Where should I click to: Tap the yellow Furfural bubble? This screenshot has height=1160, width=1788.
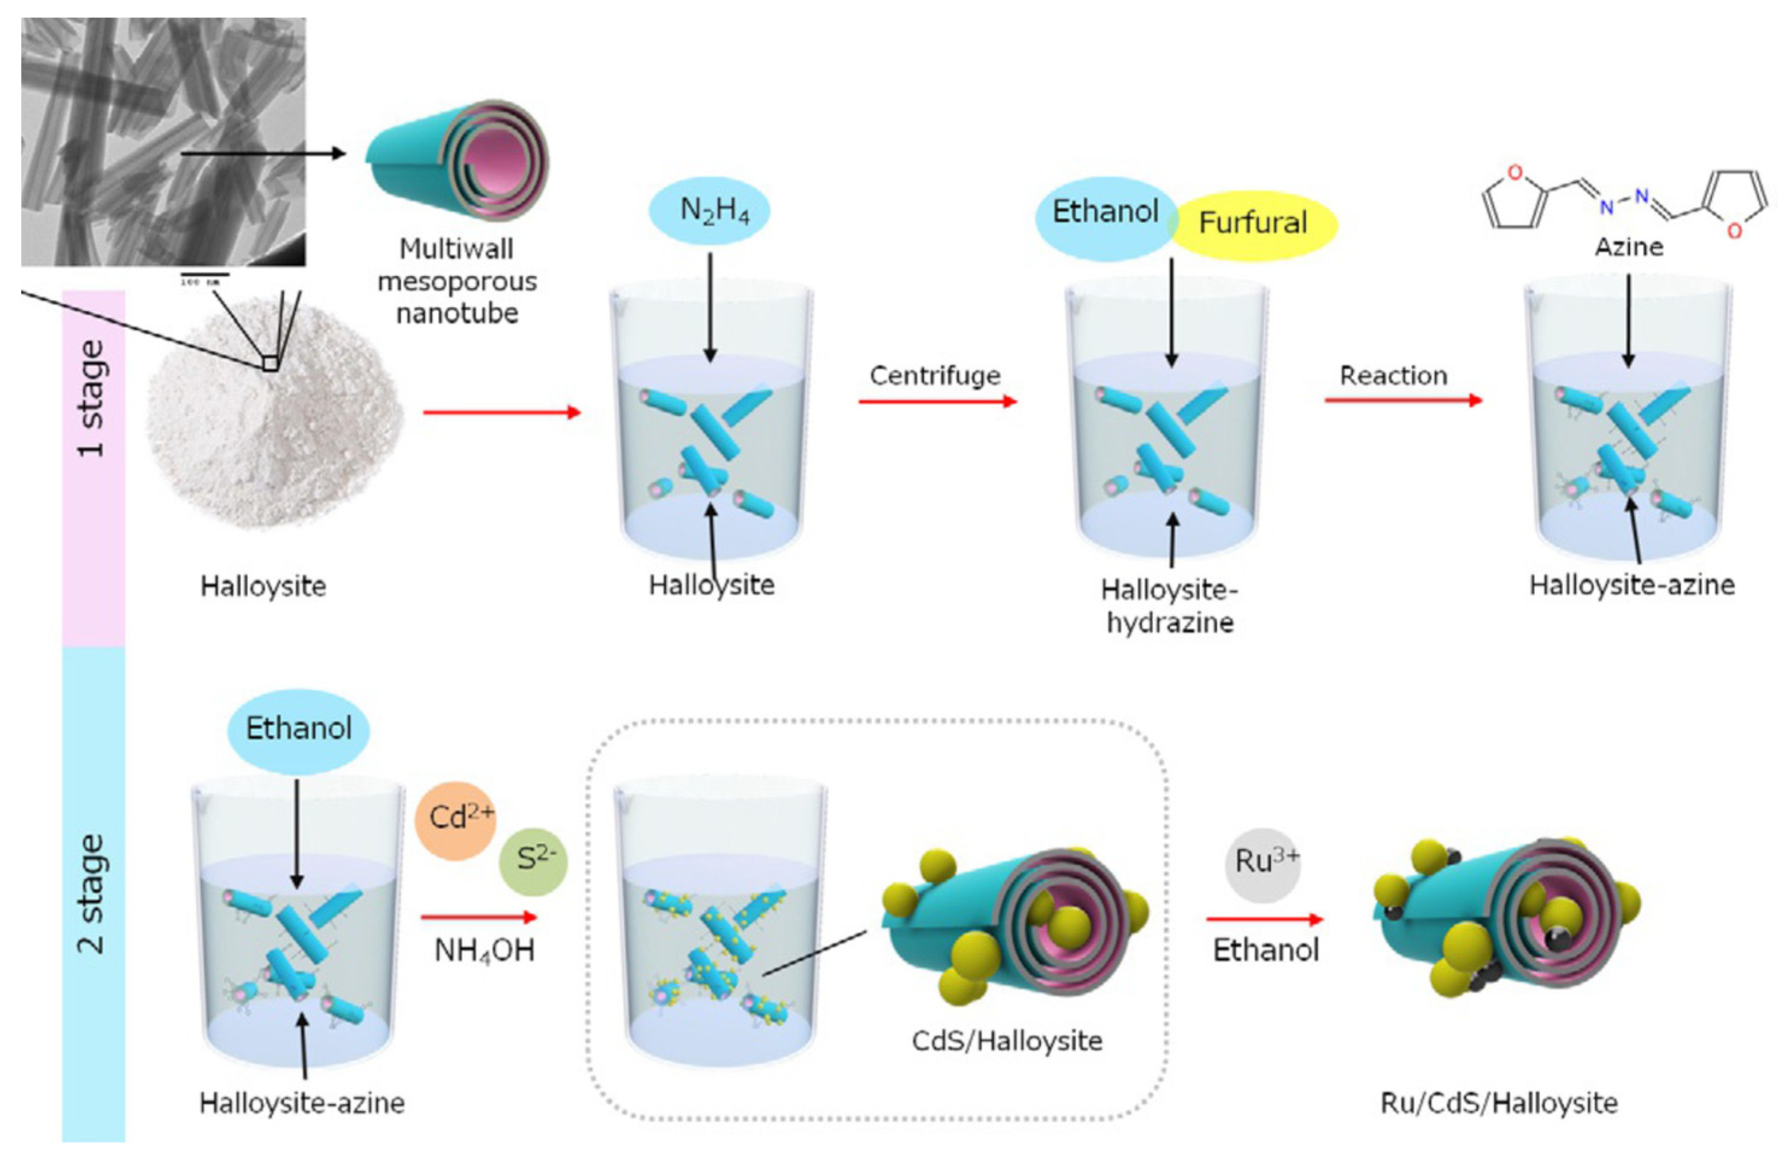[1253, 223]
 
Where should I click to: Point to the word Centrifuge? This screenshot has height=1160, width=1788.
[936, 375]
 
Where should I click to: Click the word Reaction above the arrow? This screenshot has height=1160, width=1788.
[1393, 375]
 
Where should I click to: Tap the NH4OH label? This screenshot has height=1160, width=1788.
[484, 951]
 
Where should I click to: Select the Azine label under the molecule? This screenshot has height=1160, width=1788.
[1629, 246]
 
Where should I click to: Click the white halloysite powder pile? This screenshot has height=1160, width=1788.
[274, 421]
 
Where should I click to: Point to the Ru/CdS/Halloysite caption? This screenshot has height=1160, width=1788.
[1499, 1103]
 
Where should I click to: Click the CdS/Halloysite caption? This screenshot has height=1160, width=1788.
[1007, 1041]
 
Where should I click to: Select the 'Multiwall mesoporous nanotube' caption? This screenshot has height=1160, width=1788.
[457, 280]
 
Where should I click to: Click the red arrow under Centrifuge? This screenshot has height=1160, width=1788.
[937, 401]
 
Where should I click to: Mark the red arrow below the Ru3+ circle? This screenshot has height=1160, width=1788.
[1264, 919]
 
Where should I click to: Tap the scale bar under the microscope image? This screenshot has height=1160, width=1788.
[204, 276]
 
